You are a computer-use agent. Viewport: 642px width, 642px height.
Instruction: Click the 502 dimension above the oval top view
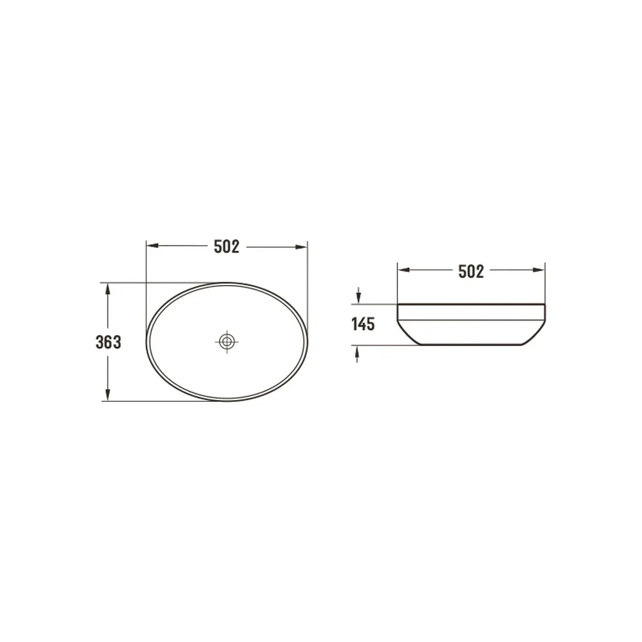tap(227, 247)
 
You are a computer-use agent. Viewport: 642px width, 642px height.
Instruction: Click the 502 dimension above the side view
tap(471, 271)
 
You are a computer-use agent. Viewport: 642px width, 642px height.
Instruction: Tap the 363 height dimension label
tap(108, 342)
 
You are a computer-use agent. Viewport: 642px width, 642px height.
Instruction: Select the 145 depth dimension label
tap(363, 324)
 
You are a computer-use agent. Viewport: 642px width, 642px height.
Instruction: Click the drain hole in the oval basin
tap(227, 342)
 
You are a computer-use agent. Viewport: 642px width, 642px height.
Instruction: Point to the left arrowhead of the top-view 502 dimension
tap(152, 246)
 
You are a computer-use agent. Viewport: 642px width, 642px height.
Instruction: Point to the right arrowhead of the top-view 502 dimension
tap(301, 247)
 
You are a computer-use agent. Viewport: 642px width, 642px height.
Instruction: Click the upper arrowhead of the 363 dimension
tap(108, 289)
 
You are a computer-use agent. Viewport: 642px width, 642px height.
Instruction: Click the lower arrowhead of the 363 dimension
tap(108, 395)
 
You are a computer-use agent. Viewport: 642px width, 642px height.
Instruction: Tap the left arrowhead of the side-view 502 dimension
tap(404, 270)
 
